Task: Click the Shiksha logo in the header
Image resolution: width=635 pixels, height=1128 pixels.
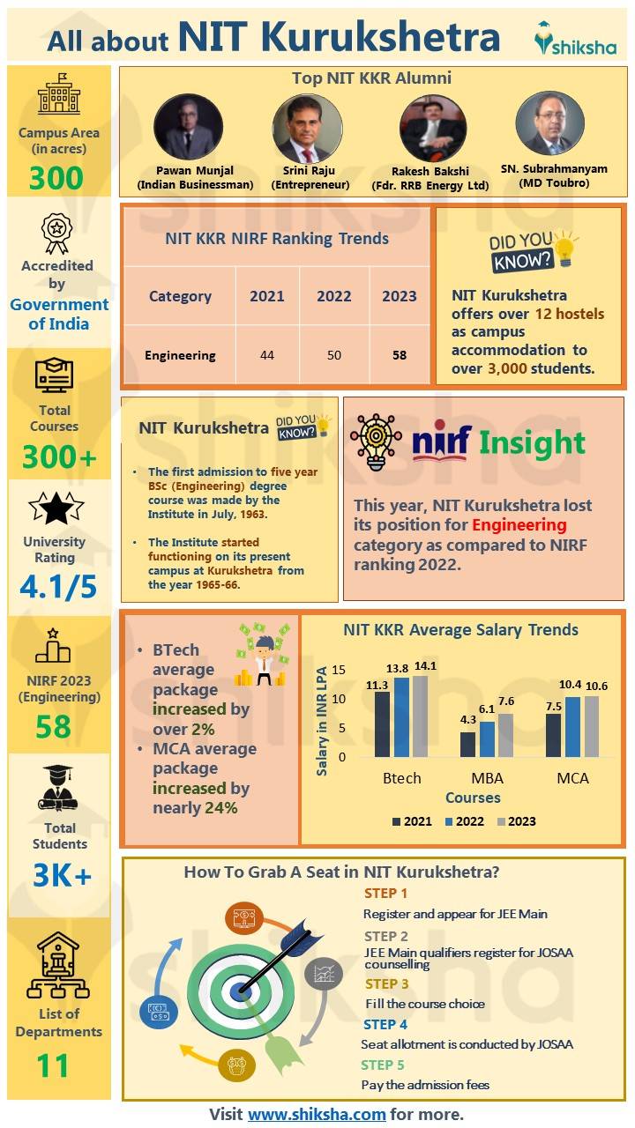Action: point(575,39)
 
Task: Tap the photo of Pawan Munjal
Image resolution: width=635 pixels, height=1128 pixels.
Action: point(188,128)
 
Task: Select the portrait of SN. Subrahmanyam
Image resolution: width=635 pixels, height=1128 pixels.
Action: point(549,124)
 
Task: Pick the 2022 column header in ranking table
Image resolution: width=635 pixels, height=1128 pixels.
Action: point(333,296)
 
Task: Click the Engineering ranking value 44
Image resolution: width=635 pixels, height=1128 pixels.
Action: point(266,355)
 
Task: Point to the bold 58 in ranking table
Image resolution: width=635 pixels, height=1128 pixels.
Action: point(399,355)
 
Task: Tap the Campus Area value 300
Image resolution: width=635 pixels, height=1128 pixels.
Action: point(56,178)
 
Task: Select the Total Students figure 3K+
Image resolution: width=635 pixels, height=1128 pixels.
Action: point(60,875)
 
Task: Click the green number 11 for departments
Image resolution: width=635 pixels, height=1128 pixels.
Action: point(53,1065)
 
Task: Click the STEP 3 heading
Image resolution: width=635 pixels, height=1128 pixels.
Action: point(386,983)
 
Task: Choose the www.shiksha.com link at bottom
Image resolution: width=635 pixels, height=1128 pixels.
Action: point(317,1114)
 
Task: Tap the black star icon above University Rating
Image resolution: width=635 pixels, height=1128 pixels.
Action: point(56,508)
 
